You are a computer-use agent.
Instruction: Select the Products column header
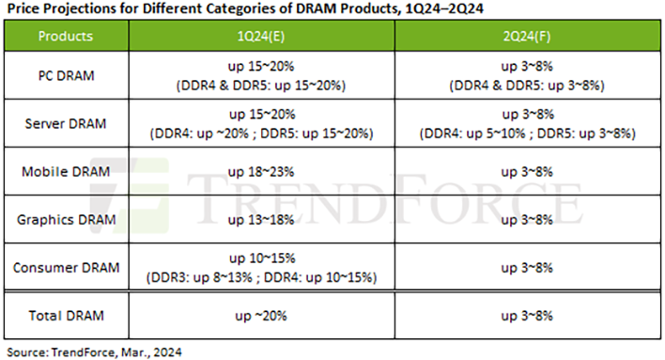tap(67, 37)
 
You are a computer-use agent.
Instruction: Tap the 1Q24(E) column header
tap(262, 37)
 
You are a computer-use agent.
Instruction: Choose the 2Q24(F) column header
tap(526, 37)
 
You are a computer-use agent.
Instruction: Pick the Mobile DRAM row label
tap(67, 172)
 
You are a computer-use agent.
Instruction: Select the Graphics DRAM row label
tap(67, 220)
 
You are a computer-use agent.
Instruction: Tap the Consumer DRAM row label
tap(67, 268)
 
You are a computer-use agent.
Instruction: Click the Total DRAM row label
tap(67, 316)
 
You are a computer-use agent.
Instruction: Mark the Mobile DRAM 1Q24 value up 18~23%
tap(262, 172)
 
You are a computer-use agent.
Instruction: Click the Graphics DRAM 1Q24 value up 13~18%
tap(262, 220)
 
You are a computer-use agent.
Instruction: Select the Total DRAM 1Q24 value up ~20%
tap(262, 316)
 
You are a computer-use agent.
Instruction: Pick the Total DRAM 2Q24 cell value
tap(526, 316)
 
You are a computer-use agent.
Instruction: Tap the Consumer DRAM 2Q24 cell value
tap(526, 268)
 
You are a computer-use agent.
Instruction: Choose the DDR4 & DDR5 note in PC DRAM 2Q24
tap(526, 86)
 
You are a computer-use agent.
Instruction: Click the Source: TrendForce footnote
tap(92, 352)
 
